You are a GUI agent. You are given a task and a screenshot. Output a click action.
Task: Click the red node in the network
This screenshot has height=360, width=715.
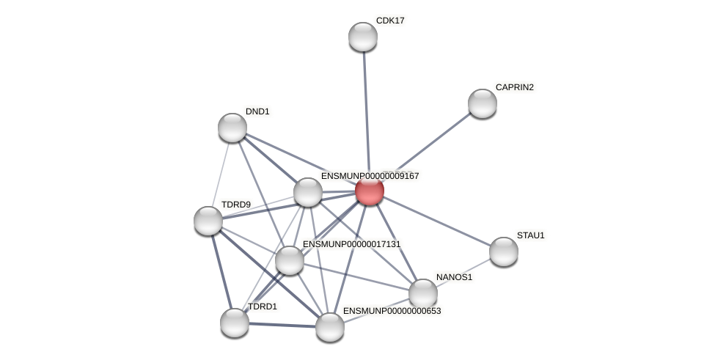pyautogui.click(x=369, y=191)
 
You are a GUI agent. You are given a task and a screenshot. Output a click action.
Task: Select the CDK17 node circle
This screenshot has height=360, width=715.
pyautogui.click(x=362, y=37)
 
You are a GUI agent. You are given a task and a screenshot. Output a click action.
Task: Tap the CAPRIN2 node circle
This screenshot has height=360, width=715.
pyautogui.click(x=482, y=103)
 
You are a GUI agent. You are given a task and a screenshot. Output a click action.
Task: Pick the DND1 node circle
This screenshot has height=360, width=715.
pyautogui.click(x=232, y=128)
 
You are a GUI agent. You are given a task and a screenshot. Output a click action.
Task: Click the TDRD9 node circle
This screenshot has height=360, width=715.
pyautogui.click(x=208, y=220)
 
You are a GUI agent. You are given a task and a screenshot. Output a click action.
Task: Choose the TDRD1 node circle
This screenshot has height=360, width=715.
pyautogui.click(x=235, y=322)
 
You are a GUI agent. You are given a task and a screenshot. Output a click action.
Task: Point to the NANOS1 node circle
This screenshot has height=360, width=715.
pyautogui.click(x=422, y=293)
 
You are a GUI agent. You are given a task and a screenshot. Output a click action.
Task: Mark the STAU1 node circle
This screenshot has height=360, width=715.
pyautogui.click(x=503, y=251)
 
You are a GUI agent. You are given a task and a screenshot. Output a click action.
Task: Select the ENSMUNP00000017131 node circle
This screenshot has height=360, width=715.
pyautogui.click(x=290, y=260)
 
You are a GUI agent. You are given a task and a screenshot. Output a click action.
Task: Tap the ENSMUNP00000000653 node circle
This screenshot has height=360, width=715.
pyautogui.click(x=330, y=326)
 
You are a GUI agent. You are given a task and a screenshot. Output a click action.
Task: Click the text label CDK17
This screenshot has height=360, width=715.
pyautogui.click(x=390, y=21)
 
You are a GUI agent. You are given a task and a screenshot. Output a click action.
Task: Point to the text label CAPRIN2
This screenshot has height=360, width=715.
pyautogui.click(x=514, y=87)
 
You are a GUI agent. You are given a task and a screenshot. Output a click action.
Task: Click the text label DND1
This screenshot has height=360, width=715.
pyautogui.click(x=257, y=111)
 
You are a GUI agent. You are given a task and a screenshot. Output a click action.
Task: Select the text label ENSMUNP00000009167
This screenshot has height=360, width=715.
pyautogui.click(x=370, y=176)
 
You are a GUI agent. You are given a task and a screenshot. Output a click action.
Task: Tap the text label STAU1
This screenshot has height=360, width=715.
pyautogui.click(x=530, y=235)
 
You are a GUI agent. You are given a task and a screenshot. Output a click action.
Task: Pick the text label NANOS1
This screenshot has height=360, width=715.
pyautogui.click(x=454, y=277)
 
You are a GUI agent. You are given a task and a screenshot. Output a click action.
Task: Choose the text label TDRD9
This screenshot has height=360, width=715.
pyautogui.click(x=235, y=204)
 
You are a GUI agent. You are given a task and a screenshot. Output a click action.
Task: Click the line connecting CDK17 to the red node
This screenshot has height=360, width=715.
pyautogui.click(x=366, y=110)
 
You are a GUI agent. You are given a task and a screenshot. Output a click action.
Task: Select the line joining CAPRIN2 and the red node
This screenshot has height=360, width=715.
pyautogui.click(x=425, y=147)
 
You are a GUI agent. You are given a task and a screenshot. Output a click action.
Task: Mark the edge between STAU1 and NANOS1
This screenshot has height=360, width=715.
pyautogui.click(x=463, y=273)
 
